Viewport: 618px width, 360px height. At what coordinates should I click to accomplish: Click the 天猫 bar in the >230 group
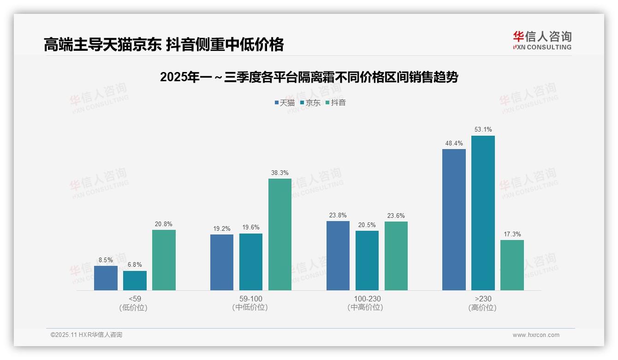454,220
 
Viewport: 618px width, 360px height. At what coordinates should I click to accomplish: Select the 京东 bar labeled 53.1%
483,213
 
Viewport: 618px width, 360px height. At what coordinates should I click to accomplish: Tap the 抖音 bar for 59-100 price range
280,234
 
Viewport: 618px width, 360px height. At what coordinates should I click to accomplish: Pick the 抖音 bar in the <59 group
164,260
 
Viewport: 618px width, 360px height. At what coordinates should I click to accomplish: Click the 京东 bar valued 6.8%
135,281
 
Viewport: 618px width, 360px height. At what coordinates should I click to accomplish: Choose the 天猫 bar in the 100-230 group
338,256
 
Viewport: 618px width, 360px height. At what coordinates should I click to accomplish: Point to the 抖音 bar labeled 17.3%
512,265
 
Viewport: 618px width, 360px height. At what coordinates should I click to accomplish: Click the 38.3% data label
280,173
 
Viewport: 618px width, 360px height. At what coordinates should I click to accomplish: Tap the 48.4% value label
454,143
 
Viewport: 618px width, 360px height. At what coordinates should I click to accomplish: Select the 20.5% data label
367,225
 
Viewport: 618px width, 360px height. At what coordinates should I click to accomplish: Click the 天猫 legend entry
285,102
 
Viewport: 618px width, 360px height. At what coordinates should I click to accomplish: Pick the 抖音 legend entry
335,102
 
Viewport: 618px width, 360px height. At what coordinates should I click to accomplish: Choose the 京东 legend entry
310,102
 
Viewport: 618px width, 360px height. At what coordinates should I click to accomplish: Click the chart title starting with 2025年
309,77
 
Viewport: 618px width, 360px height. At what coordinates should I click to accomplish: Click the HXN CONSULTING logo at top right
542,41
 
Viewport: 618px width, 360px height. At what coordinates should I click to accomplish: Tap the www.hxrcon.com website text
536,335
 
